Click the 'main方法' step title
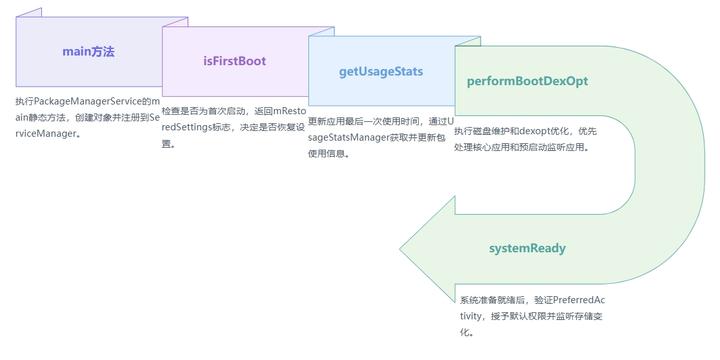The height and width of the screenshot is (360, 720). [x=88, y=51]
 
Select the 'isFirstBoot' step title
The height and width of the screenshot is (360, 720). [x=234, y=61]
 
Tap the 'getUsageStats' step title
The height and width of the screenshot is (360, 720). [x=381, y=72]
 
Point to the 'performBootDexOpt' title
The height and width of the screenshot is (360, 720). [x=527, y=81]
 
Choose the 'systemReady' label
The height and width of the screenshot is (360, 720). [x=528, y=247]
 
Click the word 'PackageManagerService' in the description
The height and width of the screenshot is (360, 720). [x=87, y=102]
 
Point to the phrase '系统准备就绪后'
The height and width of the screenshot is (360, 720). [x=491, y=300]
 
